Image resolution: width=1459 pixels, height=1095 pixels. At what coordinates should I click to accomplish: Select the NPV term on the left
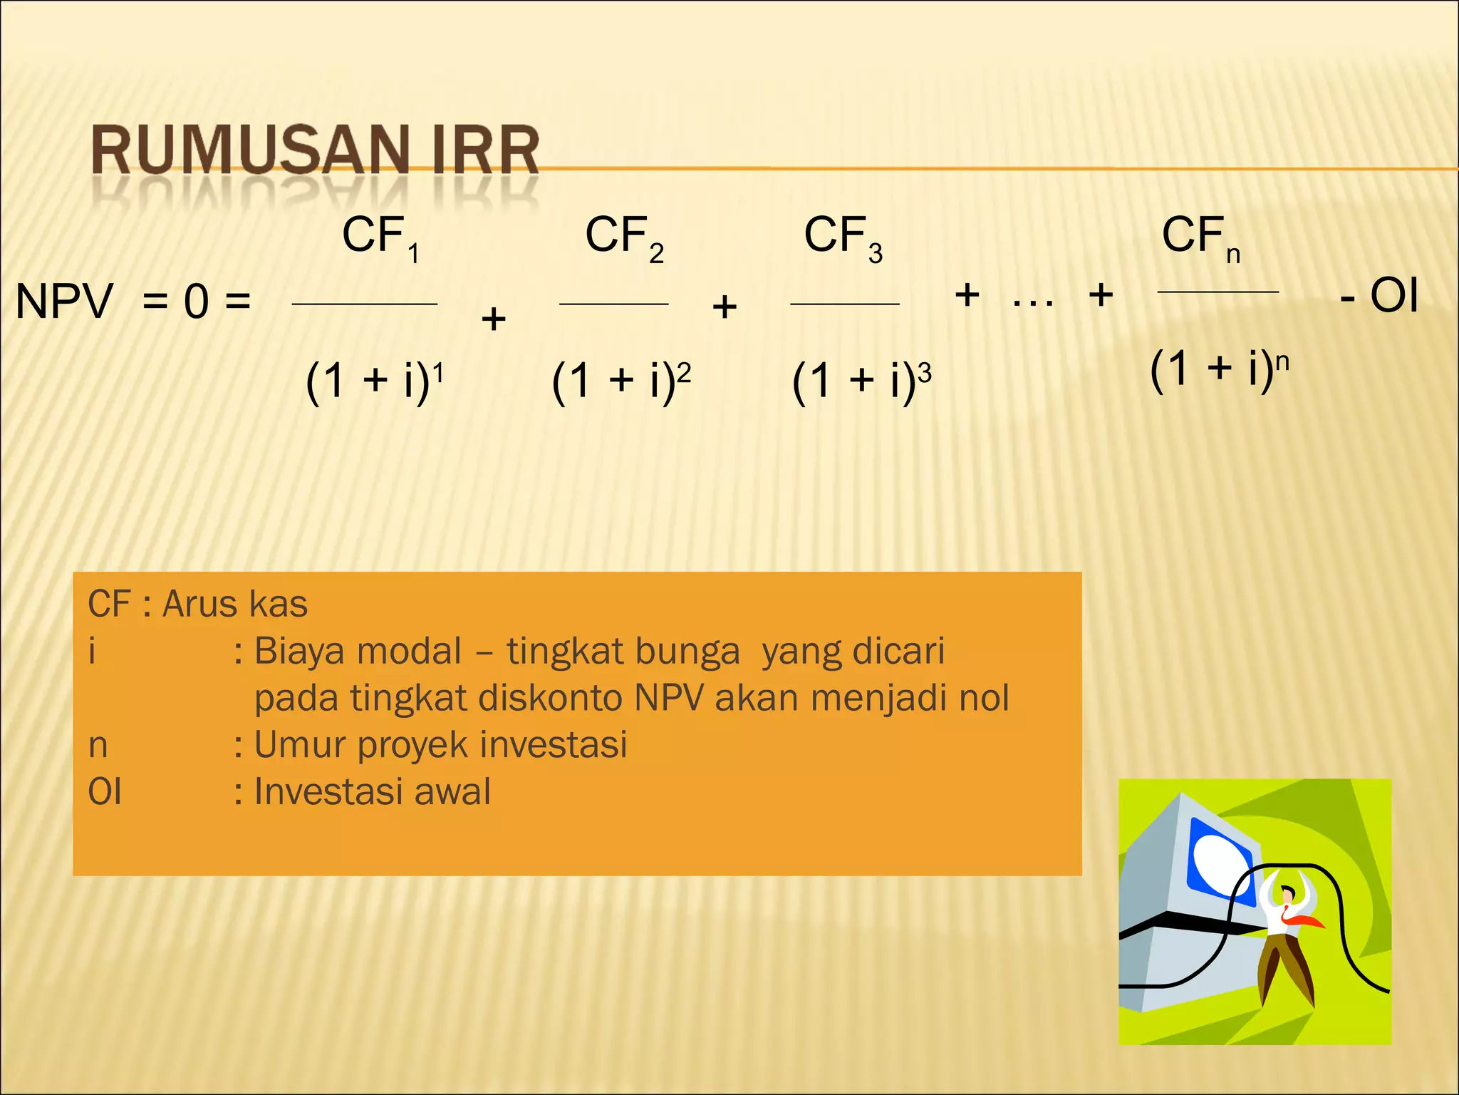tap(64, 301)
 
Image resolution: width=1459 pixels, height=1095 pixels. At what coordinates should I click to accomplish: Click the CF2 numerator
tap(623, 237)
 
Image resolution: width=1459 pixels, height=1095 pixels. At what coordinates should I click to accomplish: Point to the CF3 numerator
tap(843, 237)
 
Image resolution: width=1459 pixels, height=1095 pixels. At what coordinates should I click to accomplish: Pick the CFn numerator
tap(1200, 237)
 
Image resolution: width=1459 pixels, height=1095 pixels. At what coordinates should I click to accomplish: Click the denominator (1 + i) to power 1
tap(374, 381)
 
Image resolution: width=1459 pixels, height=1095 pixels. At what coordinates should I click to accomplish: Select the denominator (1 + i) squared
tap(621, 381)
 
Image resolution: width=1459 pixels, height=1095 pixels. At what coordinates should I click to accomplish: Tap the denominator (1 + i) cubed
tap(861, 381)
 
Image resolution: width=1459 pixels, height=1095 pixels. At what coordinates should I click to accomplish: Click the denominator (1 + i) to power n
tap(1219, 369)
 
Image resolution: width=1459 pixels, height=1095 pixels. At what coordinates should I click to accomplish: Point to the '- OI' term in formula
tap(1379, 296)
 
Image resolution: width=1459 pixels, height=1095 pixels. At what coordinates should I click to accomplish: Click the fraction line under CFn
tap(1218, 292)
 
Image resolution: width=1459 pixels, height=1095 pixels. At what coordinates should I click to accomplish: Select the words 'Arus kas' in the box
tap(235, 604)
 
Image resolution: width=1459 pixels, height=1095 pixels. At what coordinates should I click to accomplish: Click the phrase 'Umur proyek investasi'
tap(440, 745)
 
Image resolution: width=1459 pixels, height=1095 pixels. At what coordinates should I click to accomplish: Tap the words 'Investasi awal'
tap(372, 792)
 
